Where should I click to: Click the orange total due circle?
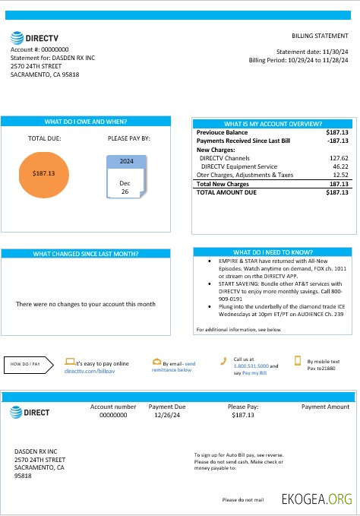(45, 173)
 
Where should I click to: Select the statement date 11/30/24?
(330, 52)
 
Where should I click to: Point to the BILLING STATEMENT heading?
(320, 36)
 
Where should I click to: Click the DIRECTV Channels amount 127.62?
(338, 158)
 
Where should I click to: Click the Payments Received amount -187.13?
(336, 141)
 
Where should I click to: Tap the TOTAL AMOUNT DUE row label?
(226, 193)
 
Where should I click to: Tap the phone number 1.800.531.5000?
(251, 366)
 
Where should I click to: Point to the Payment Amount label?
(325, 407)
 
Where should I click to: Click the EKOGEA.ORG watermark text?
(317, 499)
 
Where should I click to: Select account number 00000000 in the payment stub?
(113, 416)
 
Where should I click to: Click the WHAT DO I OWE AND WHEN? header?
(85, 122)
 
